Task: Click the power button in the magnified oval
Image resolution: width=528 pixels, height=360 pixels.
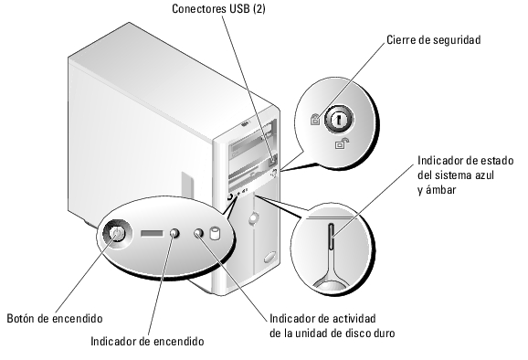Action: [x=116, y=236]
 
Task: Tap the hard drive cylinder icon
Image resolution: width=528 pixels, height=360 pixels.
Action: [x=216, y=234]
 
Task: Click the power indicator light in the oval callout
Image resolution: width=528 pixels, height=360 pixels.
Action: [x=176, y=235]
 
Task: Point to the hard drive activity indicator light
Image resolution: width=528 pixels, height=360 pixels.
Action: [x=200, y=235]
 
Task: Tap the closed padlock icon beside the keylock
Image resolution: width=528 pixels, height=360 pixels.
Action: [x=315, y=119]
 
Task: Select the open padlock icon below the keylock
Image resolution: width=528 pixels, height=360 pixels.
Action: [x=341, y=144]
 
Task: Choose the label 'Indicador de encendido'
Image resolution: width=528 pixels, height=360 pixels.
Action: [x=147, y=341]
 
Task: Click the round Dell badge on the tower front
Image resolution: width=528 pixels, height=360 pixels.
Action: [x=252, y=218]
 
